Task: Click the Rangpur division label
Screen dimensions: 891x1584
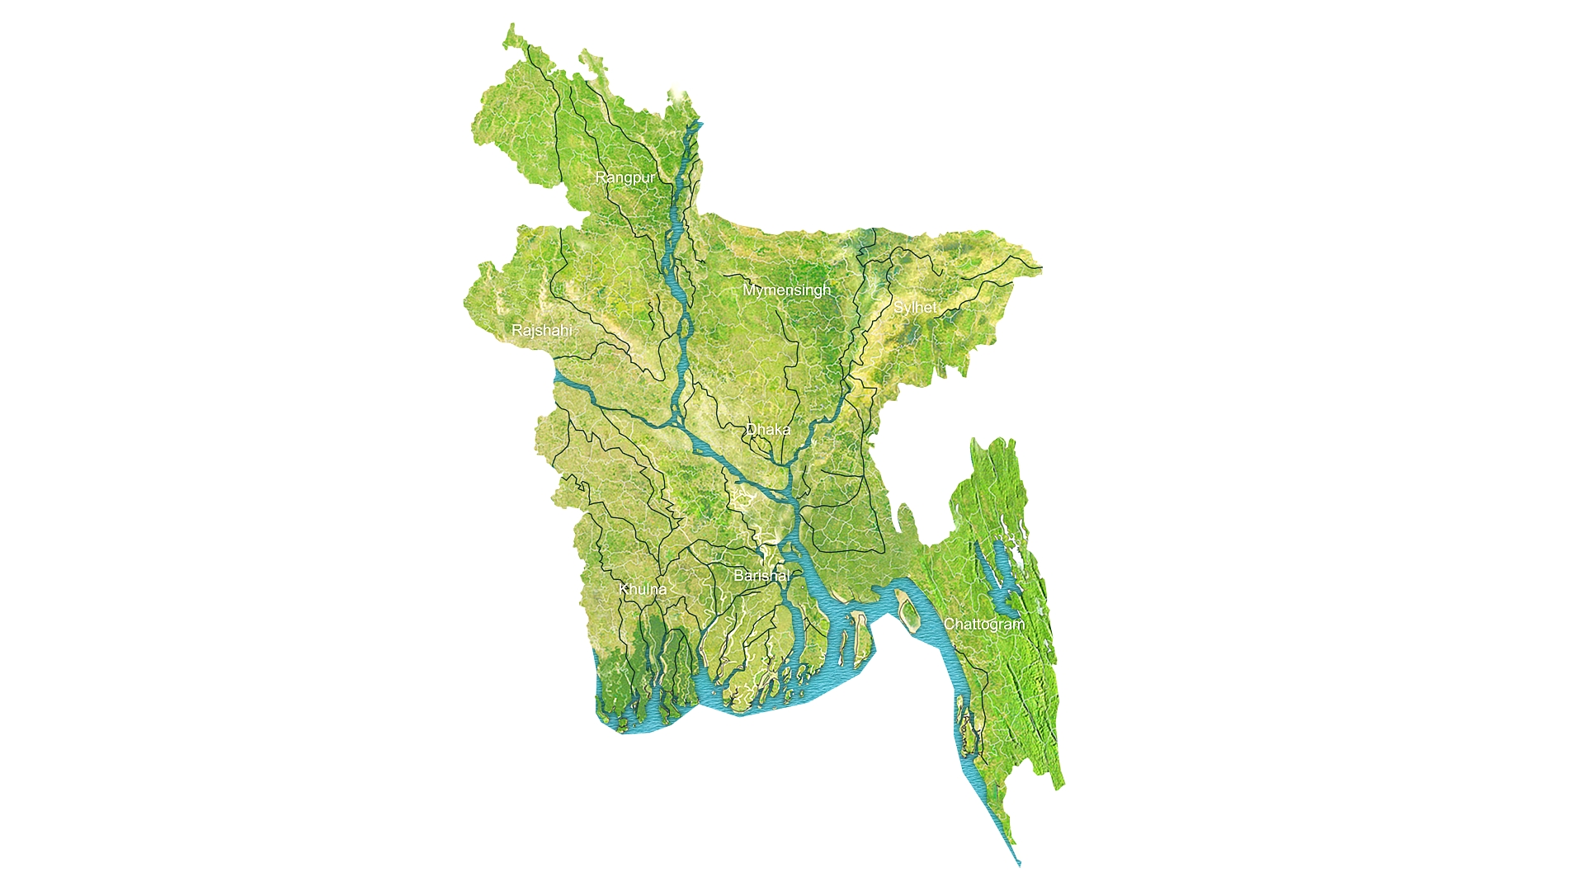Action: pos(625,177)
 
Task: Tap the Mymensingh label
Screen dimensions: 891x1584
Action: pos(786,290)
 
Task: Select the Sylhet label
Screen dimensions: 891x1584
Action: pos(915,307)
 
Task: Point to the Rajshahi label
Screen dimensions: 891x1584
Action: pos(541,330)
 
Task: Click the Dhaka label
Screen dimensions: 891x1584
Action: pos(768,429)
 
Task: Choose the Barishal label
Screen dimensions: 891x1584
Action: pos(761,575)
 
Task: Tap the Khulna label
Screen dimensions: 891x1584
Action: pos(642,589)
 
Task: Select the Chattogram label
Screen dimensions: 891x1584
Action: pos(983,624)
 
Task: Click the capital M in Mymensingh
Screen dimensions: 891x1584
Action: pos(749,290)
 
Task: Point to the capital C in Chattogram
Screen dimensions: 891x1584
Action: pos(950,624)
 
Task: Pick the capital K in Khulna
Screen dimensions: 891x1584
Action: pos(624,589)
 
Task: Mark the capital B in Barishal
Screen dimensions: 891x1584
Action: pos(739,575)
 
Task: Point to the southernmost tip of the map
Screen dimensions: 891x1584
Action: pos(1020,865)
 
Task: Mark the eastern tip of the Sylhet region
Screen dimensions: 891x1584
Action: pos(1041,268)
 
